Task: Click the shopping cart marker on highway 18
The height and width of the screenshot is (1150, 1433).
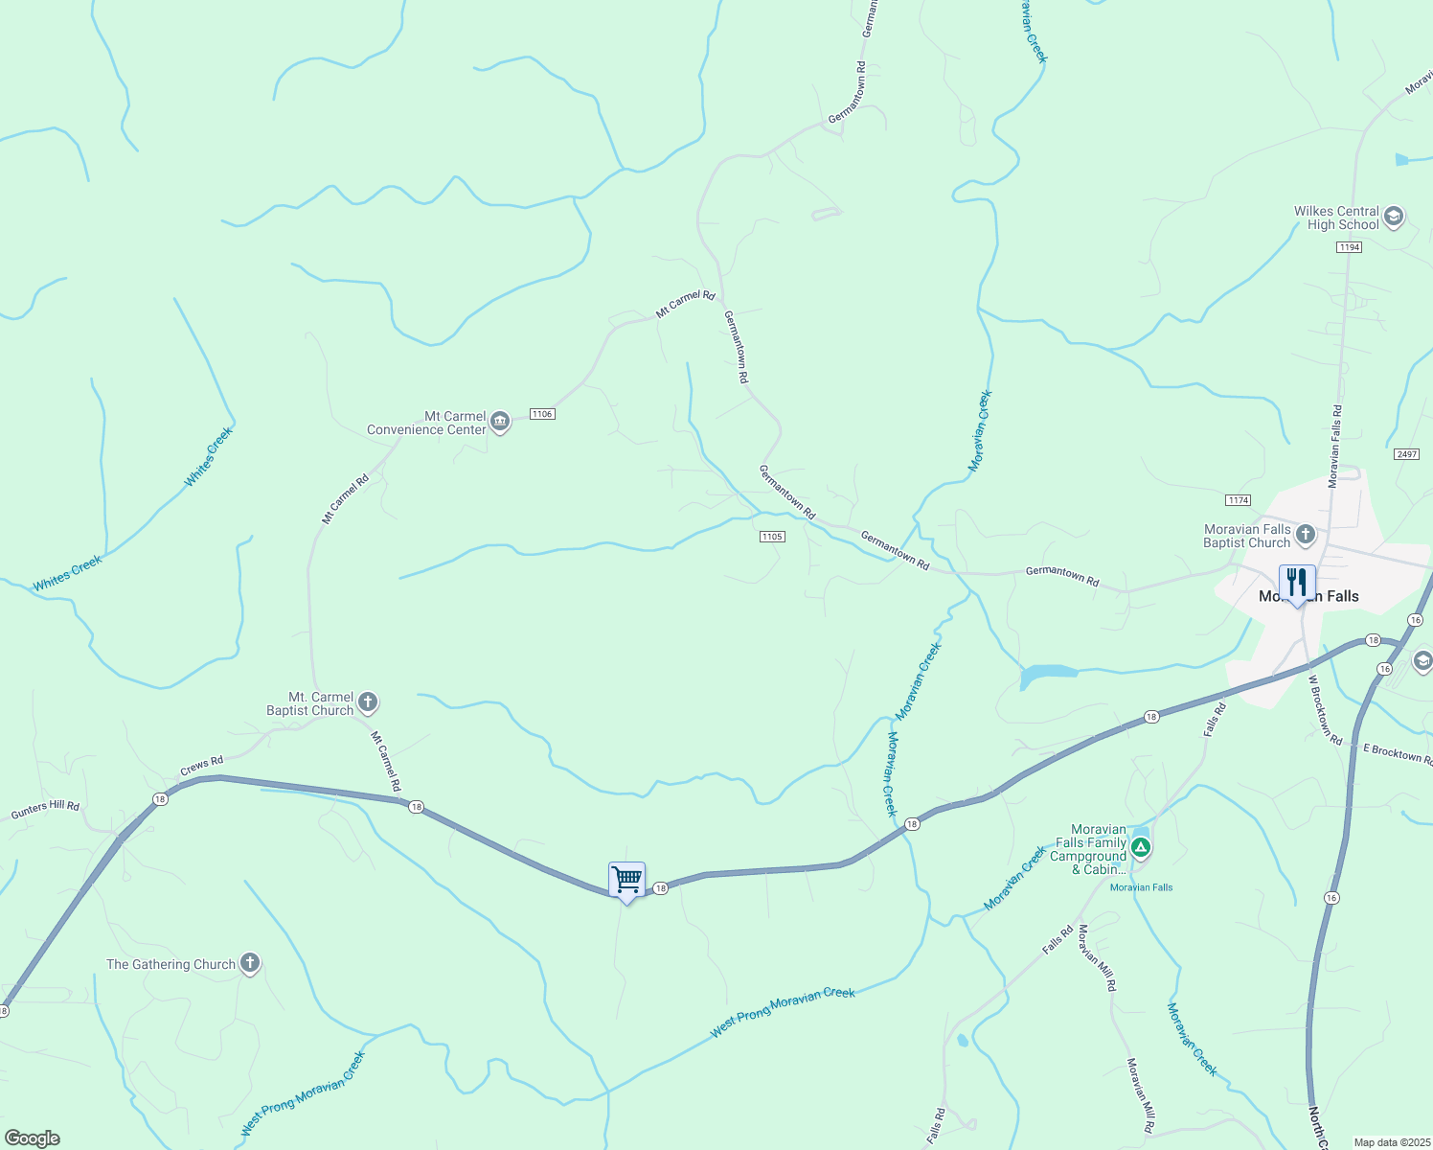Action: tap(626, 879)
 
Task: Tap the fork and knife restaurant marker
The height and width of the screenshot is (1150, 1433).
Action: tap(1296, 582)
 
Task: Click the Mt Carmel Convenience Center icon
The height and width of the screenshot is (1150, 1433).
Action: tap(500, 422)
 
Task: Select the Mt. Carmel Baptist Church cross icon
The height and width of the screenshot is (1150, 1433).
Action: tap(368, 703)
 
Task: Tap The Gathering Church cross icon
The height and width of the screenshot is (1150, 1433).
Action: tap(250, 963)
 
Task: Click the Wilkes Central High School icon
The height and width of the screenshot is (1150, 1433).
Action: tap(1394, 217)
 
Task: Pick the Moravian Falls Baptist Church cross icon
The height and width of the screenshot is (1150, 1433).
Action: tap(1305, 535)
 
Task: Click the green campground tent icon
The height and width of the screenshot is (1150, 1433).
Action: tap(1140, 847)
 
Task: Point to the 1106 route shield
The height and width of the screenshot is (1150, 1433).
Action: tap(542, 414)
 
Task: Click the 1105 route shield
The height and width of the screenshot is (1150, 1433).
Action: tap(772, 537)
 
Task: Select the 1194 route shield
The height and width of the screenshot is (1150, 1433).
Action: tap(1349, 247)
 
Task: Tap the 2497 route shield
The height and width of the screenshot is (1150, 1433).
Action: tap(1406, 454)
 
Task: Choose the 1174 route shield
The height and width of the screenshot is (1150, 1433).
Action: tap(1238, 500)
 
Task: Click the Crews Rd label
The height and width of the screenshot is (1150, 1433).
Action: tap(201, 767)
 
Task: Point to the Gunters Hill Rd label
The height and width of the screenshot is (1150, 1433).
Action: tap(45, 810)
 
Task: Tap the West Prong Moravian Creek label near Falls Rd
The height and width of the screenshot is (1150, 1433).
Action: tap(782, 1012)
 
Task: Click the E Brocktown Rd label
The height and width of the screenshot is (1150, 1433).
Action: tap(1398, 753)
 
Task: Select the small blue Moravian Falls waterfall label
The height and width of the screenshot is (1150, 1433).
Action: tap(1141, 887)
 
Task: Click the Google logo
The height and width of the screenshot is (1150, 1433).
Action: tap(33, 1138)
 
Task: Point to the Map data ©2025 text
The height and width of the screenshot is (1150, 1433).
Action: tap(1391, 1142)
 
